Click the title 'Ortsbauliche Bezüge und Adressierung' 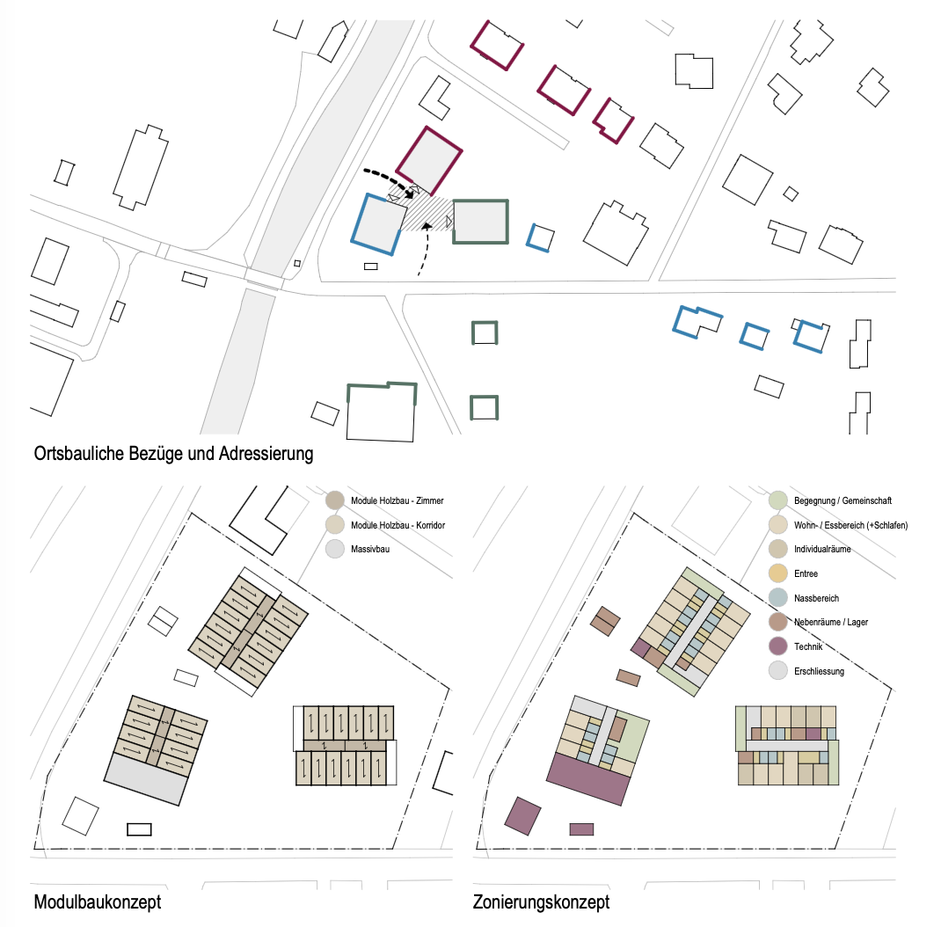click(173, 455)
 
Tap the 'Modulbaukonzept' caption click(97, 901)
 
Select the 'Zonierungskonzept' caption click(541, 901)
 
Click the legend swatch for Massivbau click(335, 550)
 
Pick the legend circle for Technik click(777, 646)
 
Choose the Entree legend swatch click(777, 573)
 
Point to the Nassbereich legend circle click(777, 598)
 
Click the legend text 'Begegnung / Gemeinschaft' click(843, 500)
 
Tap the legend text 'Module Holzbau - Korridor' click(398, 525)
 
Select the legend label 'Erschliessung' click(819, 671)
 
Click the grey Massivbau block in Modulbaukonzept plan click(146, 778)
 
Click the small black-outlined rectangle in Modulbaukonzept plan click(139, 828)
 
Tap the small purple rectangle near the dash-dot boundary click(581, 828)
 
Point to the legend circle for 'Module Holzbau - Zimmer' click(335, 500)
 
